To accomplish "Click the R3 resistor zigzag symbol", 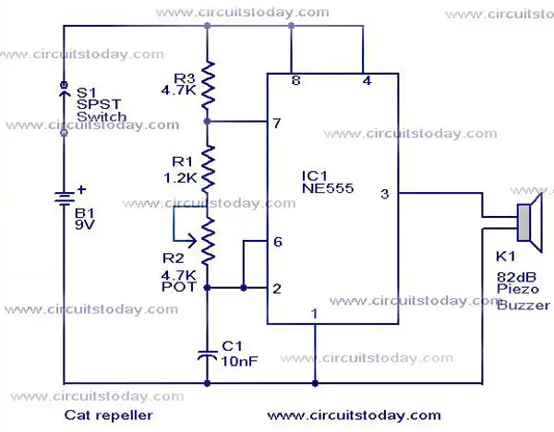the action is coord(208,85).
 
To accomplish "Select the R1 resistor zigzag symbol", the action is coord(208,169).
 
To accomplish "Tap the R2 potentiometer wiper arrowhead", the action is coord(193,241).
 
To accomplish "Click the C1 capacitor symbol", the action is coord(208,355).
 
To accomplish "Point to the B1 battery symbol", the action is coord(64,198).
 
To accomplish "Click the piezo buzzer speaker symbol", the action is coord(529,222).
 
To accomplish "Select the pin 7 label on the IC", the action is coord(277,123).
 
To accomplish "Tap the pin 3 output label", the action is coord(385,194).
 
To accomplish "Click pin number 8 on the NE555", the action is coord(296,80).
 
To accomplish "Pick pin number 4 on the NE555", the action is coord(367,80).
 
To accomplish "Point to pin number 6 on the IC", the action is coord(278,242).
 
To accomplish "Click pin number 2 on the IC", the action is coord(277,289).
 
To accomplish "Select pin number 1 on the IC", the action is coord(314,314).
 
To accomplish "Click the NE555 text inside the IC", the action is coord(328,188).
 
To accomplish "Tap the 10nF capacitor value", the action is coord(239,361).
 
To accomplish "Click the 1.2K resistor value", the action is coord(180,178).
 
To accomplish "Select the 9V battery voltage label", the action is coord(85,224).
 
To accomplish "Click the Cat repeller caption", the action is coord(109,414).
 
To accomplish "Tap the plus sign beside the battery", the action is coord(81,189).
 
